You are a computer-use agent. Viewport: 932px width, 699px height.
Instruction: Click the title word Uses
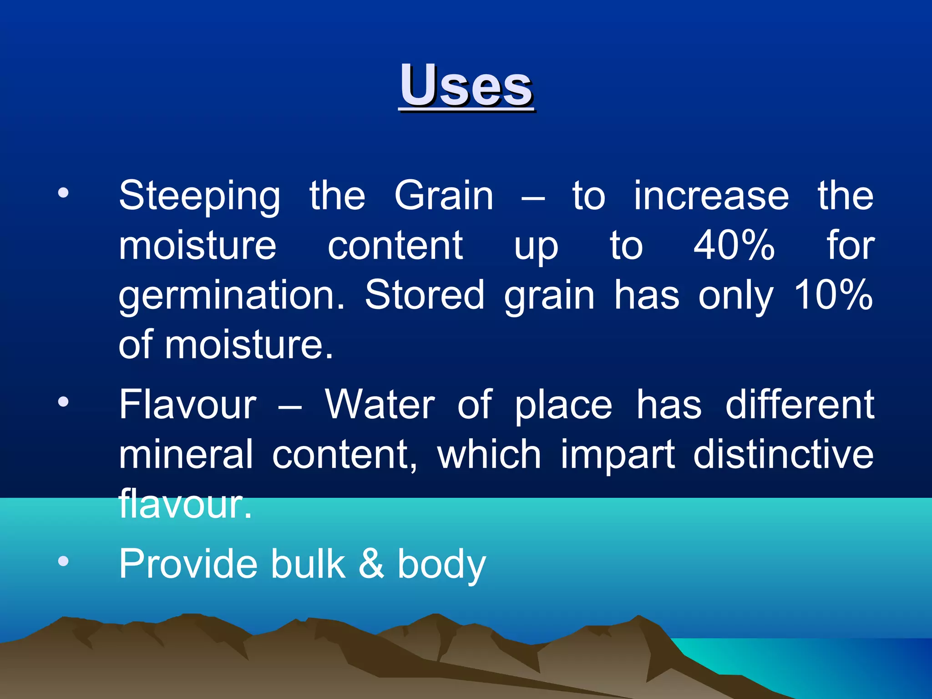click(x=466, y=86)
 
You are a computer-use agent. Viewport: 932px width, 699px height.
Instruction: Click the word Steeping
click(x=199, y=197)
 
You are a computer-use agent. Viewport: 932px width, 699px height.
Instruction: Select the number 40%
click(x=734, y=246)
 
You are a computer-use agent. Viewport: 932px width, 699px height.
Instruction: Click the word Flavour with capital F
click(x=187, y=405)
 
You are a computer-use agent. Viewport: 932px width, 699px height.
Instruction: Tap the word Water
click(x=380, y=405)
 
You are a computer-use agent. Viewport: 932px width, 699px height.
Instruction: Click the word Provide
click(x=188, y=564)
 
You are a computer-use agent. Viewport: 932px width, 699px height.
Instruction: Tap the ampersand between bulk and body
click(x=371, y=564)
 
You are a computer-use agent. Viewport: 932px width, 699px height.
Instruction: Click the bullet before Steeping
click(x=63, y=193)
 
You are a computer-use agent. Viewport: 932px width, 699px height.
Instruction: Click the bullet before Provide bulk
click(x=63, y=561)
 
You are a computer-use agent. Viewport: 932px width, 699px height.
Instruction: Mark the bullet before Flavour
click(x=63, y=402)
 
